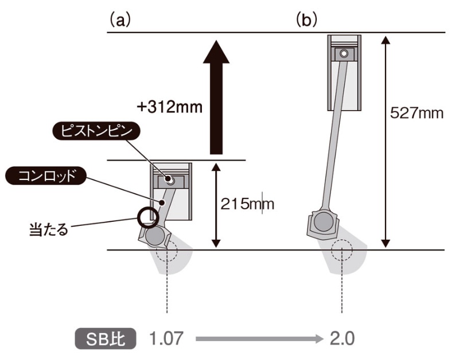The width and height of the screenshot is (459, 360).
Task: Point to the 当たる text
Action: (48, 229)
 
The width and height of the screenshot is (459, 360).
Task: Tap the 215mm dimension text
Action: (247, 204)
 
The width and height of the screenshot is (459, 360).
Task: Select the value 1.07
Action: (166, 338)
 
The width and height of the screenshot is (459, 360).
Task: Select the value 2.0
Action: (341, 338)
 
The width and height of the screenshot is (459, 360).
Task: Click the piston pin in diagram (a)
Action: (170, 179)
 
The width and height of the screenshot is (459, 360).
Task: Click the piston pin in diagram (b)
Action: (343, 54)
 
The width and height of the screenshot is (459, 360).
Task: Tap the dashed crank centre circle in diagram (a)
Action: (167, 252)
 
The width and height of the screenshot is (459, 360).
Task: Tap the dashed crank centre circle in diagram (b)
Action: (343, 252)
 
